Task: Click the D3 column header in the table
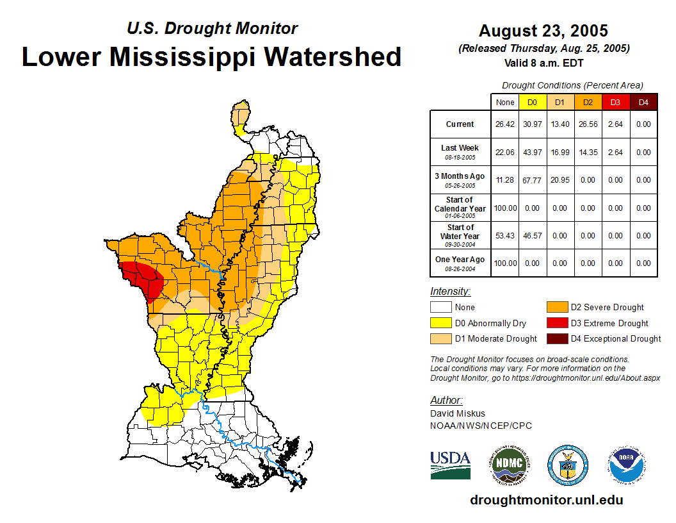tap(615, 102)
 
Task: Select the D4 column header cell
tap(643, 102)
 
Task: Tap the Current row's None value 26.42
tap(505, 124)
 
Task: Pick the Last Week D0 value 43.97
tap(532, 153)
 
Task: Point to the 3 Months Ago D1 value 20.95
tap(559, 180)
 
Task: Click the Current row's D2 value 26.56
tap(587, 124)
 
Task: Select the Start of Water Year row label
tap(460, 235)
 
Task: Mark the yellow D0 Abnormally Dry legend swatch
tap(441, 323)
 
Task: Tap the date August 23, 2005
tap(543, 31)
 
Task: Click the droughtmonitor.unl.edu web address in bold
tap(546, 500)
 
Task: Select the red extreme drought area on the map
tap(145, 278)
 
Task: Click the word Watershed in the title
tap(334, 56)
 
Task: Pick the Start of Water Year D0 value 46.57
tap(532, 235)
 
